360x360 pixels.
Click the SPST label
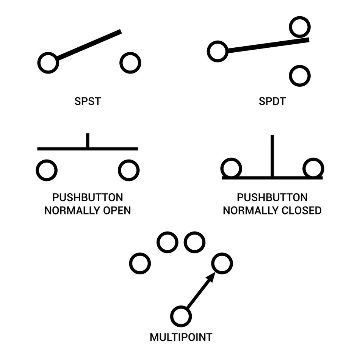pos(88,102)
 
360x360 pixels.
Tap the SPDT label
pos(272,102)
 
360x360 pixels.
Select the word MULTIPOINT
pos(181,337)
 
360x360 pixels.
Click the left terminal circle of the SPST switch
pos(48,63)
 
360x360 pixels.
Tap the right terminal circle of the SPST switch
pos(130,63)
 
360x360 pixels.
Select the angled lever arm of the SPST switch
pos(89,45)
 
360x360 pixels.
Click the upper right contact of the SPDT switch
pos(300,27)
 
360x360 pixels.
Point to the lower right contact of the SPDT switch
pos(300,76)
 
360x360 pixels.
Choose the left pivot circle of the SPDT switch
pos(218,51)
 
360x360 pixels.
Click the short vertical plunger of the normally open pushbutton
pos(88,140)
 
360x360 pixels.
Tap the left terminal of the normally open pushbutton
pos(47,170)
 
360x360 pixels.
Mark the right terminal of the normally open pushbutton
pos(128,170)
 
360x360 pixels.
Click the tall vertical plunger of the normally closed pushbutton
pos(272,155)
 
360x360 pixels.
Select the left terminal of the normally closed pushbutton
pos(231,168)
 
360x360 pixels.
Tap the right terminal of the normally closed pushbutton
pos(313,168)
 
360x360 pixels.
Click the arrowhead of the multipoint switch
pos(211,278)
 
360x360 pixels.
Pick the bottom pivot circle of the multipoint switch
pos(181,316)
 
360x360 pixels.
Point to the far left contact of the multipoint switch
pos(140,263)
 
